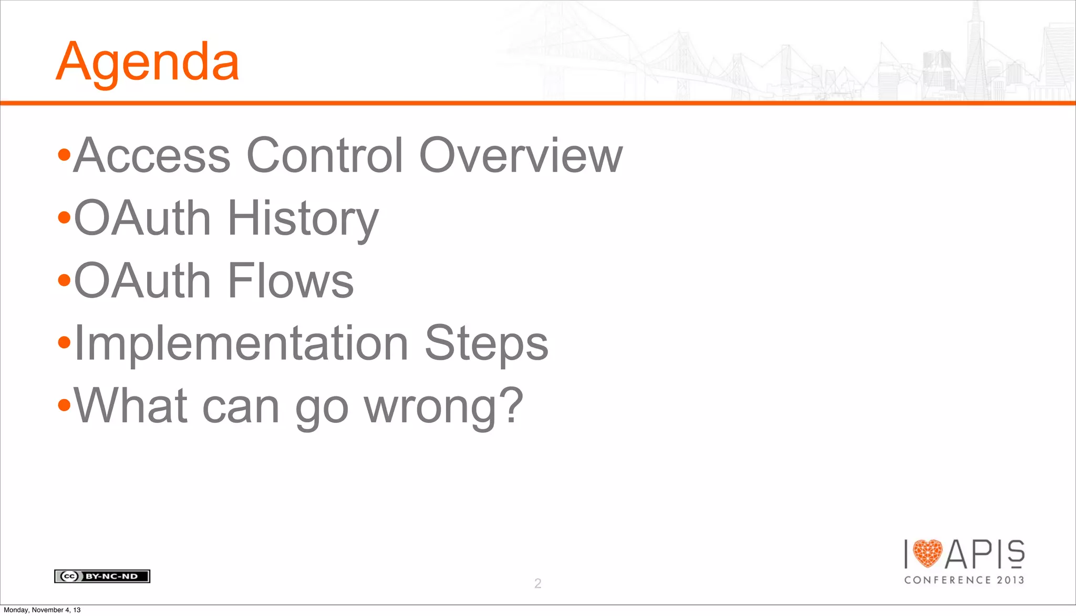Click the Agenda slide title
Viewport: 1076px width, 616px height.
pos(147,62)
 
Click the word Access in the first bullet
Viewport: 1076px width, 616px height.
pos(152,155)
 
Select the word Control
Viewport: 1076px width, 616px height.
pos(324,155)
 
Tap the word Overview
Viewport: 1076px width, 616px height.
pos(520,155)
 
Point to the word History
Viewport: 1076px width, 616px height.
pos(303,218)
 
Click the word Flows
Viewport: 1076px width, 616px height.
pos(291,281)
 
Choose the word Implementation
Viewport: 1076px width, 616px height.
pos(241,344)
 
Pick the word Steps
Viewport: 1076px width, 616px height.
pos(486,344)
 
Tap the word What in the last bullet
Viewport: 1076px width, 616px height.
pos(130,405)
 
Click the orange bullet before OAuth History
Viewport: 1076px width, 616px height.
pos(64,217)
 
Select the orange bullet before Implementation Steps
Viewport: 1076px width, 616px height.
pos(64,343)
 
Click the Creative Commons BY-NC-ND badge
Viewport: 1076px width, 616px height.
pos(102,576)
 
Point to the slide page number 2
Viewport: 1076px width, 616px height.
pos(537,583)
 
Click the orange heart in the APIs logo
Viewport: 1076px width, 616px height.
pos(927,554)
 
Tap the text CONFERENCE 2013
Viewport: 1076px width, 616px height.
pos(964,580)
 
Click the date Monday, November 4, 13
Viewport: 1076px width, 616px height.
pos(42,610)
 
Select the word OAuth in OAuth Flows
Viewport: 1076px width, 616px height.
pos(142,281)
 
